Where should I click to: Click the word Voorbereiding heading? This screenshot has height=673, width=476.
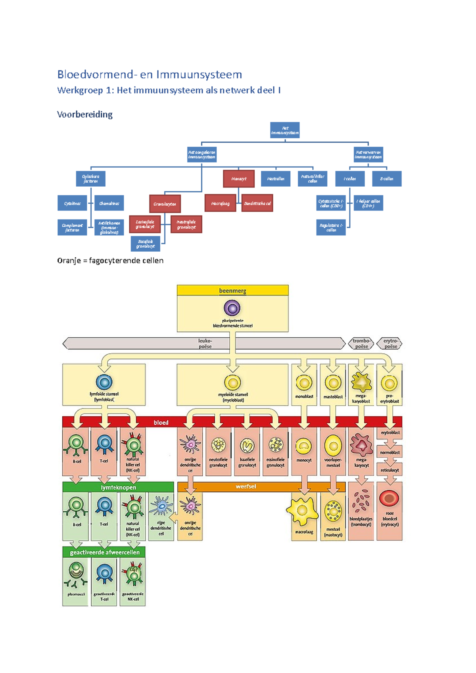point(84,115)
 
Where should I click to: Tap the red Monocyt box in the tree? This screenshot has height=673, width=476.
point(238,179)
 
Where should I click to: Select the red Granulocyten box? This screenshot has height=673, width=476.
point(165,204)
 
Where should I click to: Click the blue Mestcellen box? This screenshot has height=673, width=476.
point(275,179)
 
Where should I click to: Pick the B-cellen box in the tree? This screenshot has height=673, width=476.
point(386,179)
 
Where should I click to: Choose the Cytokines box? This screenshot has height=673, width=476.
point(72,203)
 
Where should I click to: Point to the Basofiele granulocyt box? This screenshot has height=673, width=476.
point(146,244)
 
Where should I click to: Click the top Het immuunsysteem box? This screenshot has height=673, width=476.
point(284,130)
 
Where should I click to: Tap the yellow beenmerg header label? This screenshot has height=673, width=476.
point(232,291)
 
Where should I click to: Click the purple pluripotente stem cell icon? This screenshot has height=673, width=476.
point(232,308)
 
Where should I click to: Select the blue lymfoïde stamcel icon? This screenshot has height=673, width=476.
point(104,382)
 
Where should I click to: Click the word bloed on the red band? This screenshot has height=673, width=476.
point(161,423)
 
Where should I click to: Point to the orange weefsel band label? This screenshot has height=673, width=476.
point(246,486)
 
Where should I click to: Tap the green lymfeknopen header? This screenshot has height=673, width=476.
point(118,487)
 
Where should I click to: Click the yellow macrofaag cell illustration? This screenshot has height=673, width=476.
point(303,511)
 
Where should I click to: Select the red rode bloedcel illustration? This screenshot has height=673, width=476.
point(389,499)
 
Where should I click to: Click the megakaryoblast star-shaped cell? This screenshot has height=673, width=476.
point(361,382)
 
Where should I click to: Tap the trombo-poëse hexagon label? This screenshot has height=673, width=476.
point(361,343)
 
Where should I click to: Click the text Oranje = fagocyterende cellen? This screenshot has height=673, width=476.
point(110,260)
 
